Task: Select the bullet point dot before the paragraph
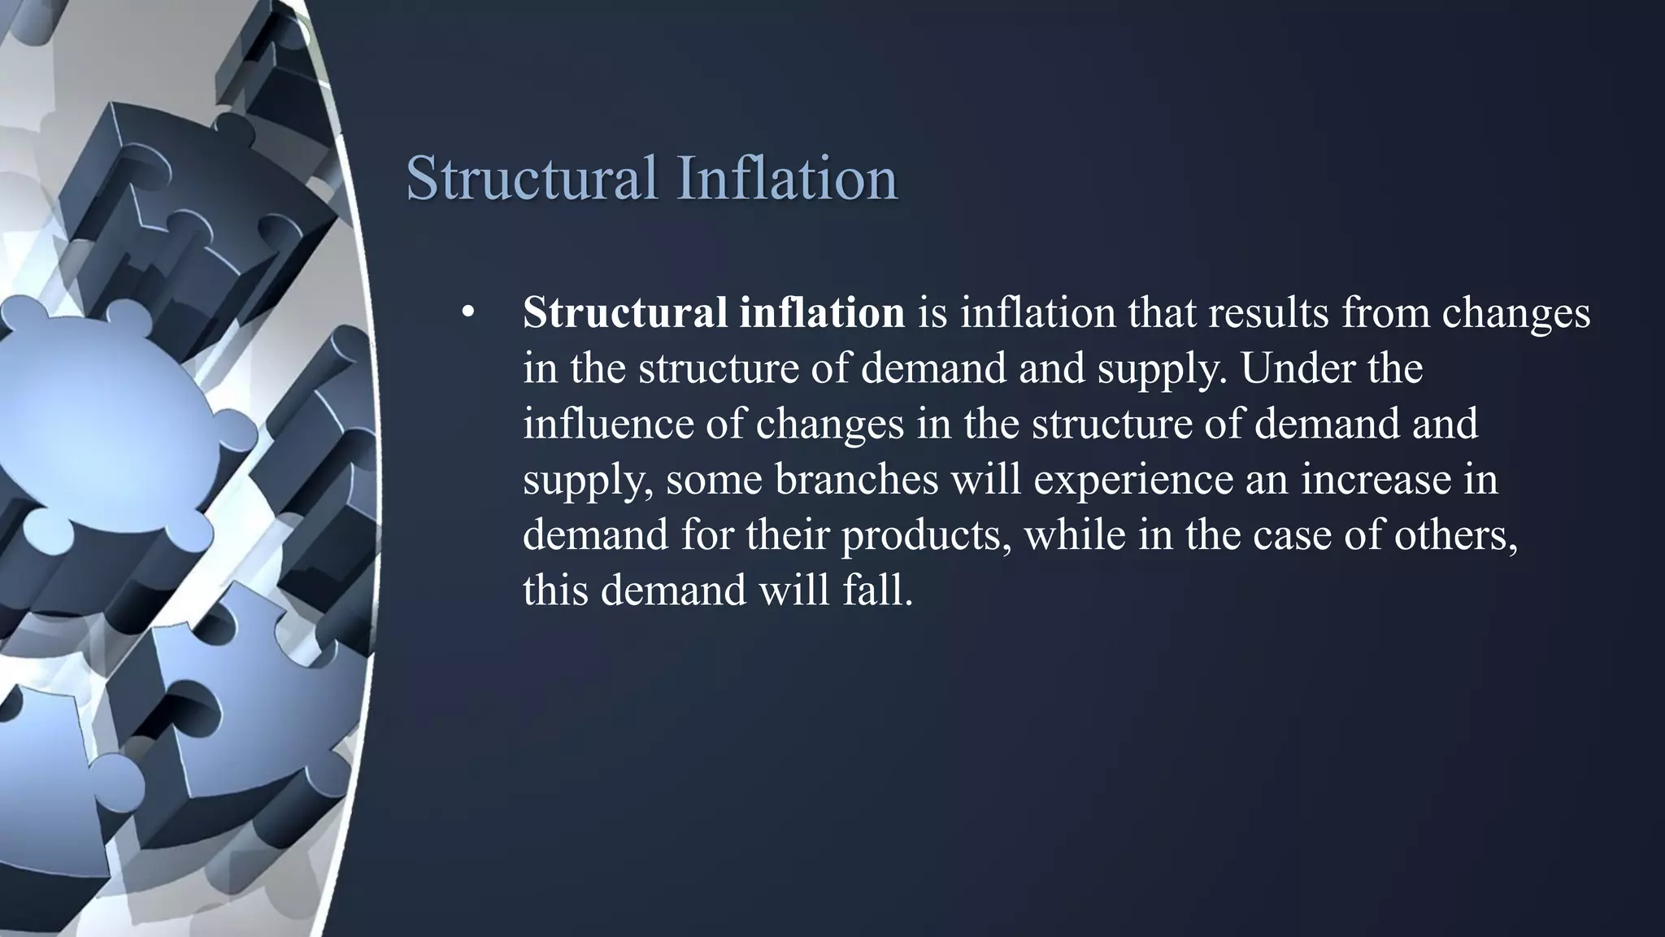coord(467,313)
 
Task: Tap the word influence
coord(607,424)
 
